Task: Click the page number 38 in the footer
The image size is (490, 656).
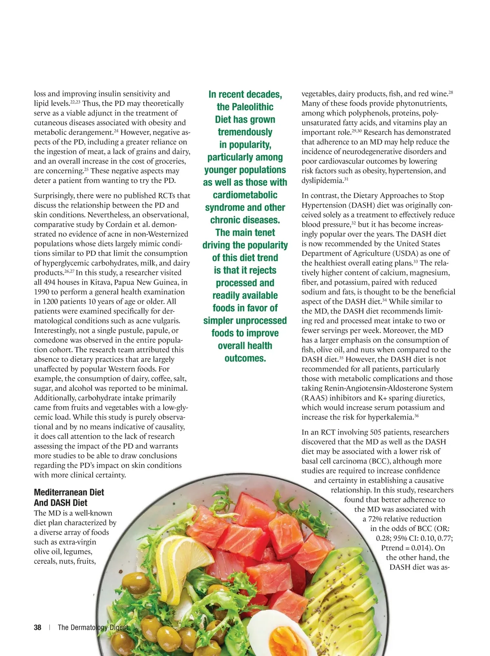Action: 38,627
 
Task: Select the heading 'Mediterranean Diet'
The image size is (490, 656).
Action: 69,492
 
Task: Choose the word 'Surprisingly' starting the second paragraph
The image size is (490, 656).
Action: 54,196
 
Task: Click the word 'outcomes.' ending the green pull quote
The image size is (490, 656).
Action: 245,358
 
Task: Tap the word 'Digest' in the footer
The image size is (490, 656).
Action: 118,627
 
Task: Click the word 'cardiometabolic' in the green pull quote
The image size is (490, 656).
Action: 245,195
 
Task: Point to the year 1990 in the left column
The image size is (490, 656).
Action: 42,292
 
